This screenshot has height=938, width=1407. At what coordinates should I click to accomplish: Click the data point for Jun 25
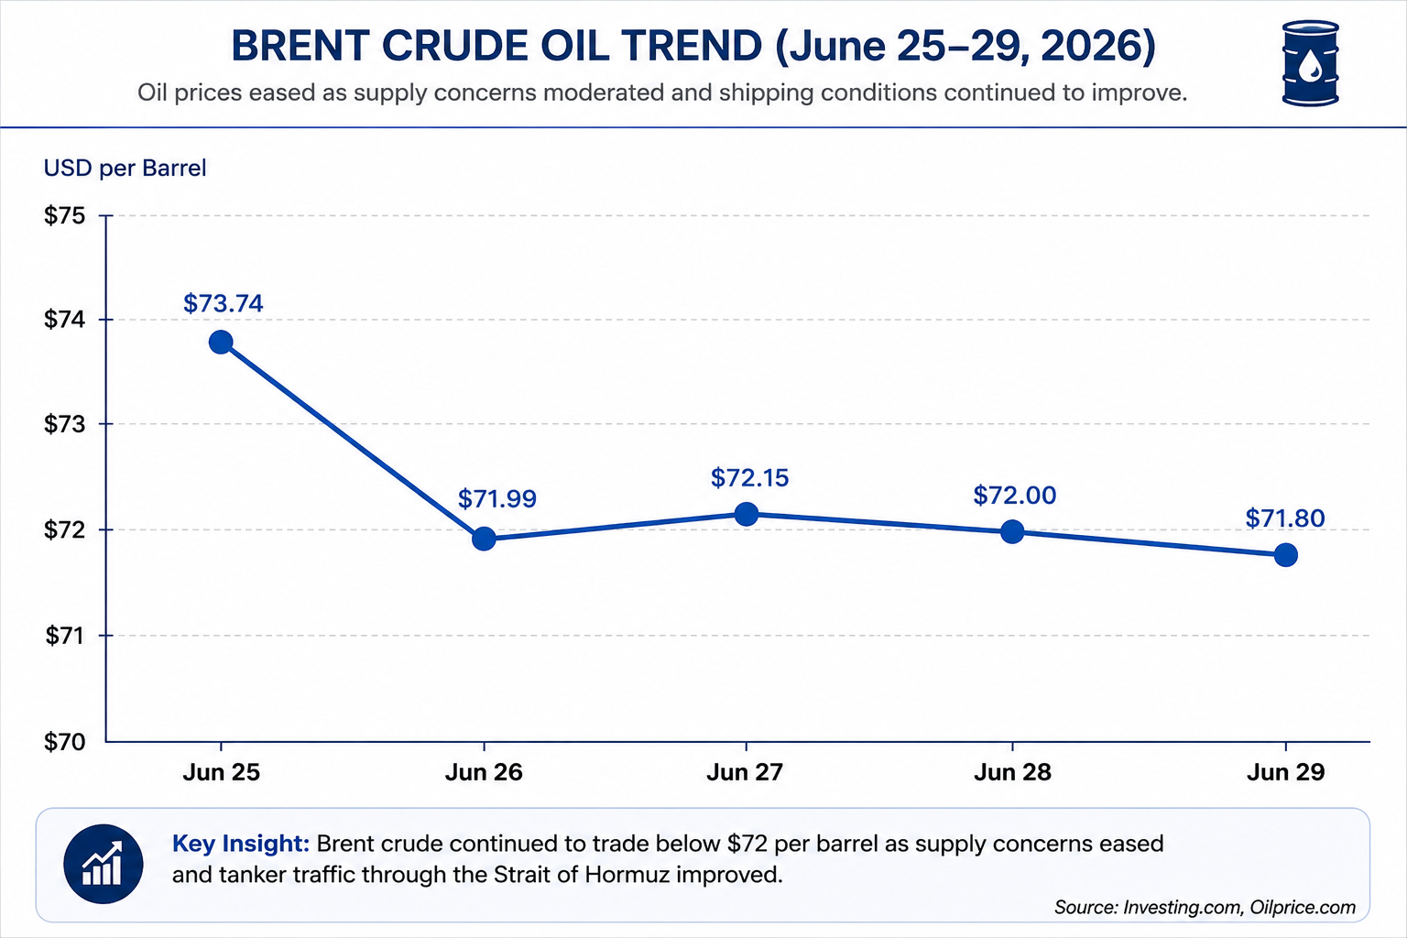click(x=221, y=343)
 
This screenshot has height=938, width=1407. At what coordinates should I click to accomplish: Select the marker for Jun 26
click(x=484, y=539)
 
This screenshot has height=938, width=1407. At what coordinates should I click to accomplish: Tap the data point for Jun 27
click(x=747, y=514)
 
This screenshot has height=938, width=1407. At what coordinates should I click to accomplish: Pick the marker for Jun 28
click(x=1012, y=531)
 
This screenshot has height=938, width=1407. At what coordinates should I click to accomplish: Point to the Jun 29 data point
click(x=1286, y=555)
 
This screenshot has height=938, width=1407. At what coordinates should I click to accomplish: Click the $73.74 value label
click(x=223, y=303)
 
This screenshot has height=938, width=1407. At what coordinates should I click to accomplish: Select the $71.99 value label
click(x=496, y=499)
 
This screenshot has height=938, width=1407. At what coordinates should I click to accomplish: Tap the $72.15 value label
click(x=749, y=478)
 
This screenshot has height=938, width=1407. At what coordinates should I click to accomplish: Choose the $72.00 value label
click(x=1014, y=496)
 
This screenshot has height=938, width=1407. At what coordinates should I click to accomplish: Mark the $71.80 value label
click(x=1285, y=518)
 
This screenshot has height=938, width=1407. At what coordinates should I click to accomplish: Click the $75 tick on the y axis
click(x=65, y=216)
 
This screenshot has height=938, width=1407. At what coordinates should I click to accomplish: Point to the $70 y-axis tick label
click(x=65, y=742)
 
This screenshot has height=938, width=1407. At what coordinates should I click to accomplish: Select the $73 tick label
click(x=65, y=425)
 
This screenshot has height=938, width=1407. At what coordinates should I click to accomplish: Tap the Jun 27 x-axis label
click(x=745, y=772)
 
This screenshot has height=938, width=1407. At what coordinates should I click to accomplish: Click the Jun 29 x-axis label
click(x=1286, y=772)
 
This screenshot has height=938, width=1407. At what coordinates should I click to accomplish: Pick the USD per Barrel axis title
click(x=125, y=169)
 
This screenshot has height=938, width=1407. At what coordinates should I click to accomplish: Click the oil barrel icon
click(x=1310, y=63)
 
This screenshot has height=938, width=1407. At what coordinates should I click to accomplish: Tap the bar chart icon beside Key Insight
click(x=104, y=864)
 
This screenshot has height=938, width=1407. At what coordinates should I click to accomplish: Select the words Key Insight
click(x=241, y=843)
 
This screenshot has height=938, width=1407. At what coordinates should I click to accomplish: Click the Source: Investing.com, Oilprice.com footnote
click(x=1205, y=907)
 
